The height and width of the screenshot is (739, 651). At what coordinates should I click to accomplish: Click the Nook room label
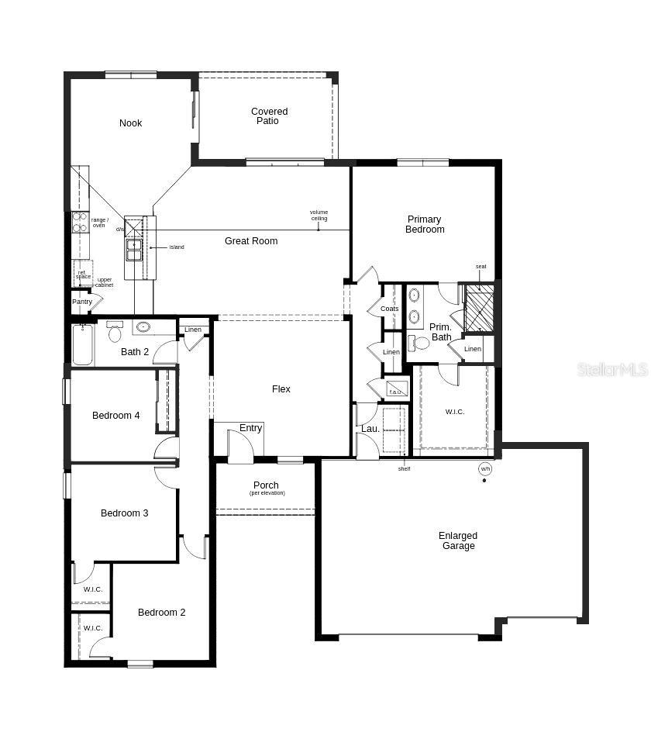[130, 123]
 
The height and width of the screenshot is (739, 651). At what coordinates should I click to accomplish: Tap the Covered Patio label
[269, 116]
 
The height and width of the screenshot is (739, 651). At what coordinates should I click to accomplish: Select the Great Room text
[251, 241]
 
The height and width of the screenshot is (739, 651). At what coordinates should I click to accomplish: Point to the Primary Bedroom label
[425, 224]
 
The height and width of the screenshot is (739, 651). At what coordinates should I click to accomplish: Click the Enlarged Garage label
[457, 540]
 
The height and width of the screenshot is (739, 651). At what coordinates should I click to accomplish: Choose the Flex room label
[281, 389]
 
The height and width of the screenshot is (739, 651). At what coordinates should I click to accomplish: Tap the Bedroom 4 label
[115, 416]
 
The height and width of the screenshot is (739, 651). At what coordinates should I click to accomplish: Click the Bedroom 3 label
[124, 513]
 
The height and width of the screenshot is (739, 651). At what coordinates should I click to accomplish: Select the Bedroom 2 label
[161, 613]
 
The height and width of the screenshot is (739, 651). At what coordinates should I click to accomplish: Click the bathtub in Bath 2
[83, 344]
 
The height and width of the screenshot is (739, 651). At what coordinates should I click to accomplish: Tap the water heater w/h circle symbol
[485, 469]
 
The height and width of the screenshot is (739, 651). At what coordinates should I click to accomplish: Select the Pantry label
[82, 302]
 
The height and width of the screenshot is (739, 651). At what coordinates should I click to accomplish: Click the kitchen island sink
[134, 250]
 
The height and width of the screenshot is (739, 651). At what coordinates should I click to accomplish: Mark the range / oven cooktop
[80, 223]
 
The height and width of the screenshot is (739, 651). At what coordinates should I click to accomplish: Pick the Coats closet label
[390, 309]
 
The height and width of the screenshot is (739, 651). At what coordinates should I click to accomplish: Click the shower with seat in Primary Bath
[478, 308]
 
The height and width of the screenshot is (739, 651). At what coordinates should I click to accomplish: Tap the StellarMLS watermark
[611, 370]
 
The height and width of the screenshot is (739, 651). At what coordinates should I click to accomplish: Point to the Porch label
[266, 485]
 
